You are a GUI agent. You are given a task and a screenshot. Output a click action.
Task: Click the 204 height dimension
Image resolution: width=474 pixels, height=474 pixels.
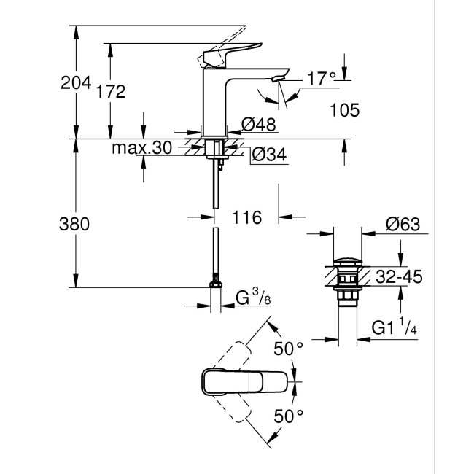[x=75, y=83]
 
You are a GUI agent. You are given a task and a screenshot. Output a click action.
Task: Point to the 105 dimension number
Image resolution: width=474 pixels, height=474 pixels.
[x=345, y=110]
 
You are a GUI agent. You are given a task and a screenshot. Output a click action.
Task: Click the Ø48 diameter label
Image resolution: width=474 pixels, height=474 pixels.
[x=259, y=125]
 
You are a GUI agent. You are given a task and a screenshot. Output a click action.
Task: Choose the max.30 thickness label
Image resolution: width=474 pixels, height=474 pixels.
[x=141, y=148]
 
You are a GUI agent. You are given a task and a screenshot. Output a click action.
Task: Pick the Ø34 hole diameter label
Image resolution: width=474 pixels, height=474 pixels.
[x=269, y=155]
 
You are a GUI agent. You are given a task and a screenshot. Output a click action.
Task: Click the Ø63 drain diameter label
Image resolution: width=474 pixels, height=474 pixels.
[x=400, y=225]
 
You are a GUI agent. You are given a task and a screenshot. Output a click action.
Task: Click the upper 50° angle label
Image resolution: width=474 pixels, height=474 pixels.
[x=288, y=349]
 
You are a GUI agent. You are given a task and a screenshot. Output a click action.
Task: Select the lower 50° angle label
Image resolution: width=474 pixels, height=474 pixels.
[x=288, y=416]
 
